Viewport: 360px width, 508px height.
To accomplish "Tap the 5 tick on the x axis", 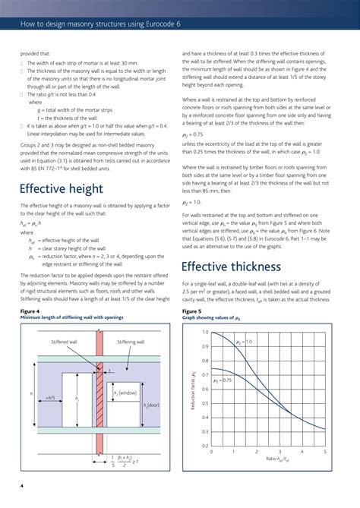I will pos(324,451).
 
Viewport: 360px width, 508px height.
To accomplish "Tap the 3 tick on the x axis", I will pos(279,451).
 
